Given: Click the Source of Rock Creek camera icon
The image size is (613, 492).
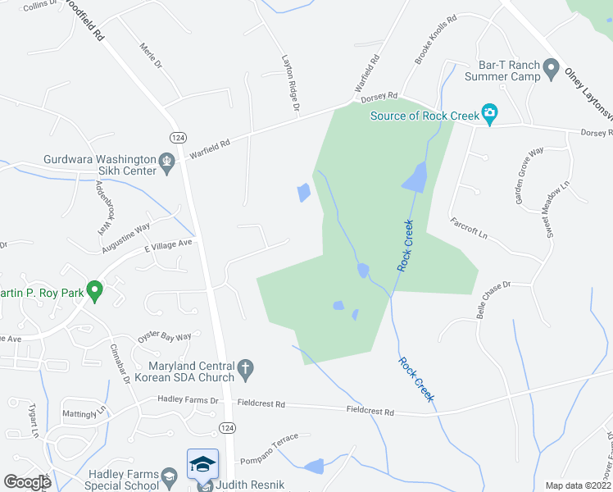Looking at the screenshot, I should tap(490, 115).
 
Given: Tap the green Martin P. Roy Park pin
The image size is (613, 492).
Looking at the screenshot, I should tap(95, 290).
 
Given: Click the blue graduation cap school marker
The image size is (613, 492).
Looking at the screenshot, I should tap(202, 465).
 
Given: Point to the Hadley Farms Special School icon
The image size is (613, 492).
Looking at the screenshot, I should tap(169, 476).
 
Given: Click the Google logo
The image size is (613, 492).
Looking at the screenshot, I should tap(27, 483).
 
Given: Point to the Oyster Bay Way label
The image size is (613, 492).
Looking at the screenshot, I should tap(165, 336).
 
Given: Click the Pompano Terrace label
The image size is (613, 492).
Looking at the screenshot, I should tap(275, 440).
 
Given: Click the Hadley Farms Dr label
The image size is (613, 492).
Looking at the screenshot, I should tap(188, 400).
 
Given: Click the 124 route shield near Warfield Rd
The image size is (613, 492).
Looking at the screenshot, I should tap(177, 136).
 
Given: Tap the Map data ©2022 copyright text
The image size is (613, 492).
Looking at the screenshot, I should tap(578, 485).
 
